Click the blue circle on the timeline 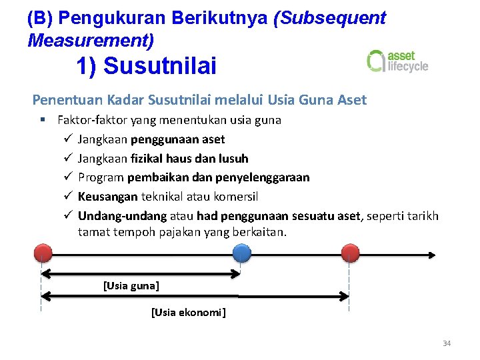[x=241, y=254]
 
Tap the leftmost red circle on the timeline [x=42, y=254]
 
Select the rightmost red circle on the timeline [x=349, y=254]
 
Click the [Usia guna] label [x=131, y=286]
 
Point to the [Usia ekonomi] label [x=189, y=312]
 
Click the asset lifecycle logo [x=397, y=61]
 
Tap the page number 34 [x=447, y=343]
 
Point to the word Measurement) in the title [x=91, y=40]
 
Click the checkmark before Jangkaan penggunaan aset [x=68, y=139]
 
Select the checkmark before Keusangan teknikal [x=68, y=197]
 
